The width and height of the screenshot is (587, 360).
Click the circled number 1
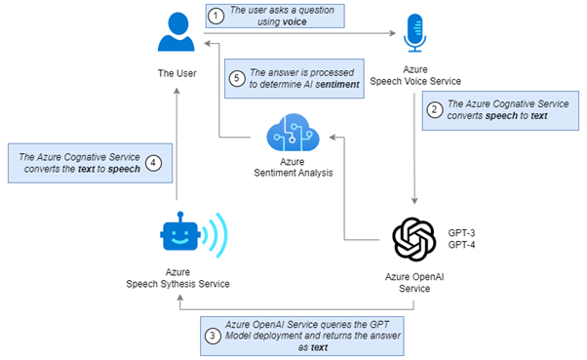215,14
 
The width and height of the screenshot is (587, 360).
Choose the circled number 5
235,77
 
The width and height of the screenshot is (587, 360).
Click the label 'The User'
177,73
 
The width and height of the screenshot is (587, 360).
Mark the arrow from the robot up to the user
177,146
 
